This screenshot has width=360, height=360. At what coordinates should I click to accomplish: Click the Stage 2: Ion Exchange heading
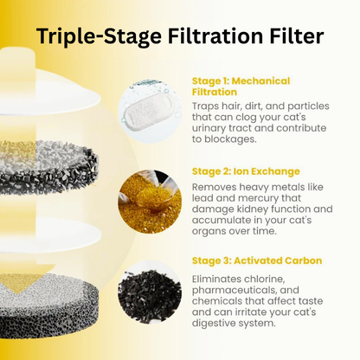pyautogui.click(x=245, y=171)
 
